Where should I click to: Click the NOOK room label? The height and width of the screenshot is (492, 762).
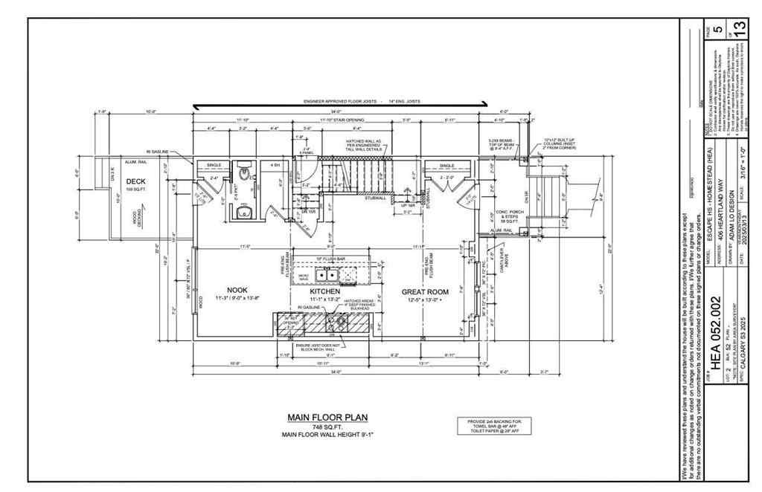pyautogui.click(x=237, y=289)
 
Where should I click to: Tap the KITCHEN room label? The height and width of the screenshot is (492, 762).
pyautogui.click(x=324, y=291)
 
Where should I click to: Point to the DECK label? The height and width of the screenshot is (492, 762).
pyautogui.click(x=135, y=181)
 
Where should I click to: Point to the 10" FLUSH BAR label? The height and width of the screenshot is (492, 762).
pyautogui.click(x=329, y=259)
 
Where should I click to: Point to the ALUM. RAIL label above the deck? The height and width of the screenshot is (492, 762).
pyautogui.click(x=136, y=161)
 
